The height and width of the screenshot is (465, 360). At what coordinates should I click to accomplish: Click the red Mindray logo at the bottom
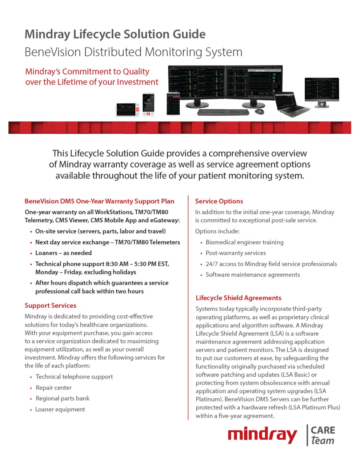(262, 435)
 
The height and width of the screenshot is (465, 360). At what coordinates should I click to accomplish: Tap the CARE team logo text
(323, 435)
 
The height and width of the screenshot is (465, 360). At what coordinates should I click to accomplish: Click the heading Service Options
(219, 201)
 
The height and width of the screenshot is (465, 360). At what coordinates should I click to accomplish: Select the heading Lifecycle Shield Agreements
(239, 298)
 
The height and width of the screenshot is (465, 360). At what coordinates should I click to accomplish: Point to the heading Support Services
(51, 306)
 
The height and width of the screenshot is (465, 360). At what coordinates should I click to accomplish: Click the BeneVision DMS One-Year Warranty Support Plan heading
(99, 201)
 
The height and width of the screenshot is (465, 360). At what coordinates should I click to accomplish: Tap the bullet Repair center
(54, 388)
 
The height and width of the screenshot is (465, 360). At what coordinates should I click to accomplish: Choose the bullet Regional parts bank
(63, 399)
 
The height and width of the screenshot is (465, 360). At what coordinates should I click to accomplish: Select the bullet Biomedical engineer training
(244, 242)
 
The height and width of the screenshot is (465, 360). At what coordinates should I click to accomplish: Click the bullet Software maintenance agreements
(253, 275)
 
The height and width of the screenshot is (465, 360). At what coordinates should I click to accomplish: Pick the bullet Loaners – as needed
(63, 253)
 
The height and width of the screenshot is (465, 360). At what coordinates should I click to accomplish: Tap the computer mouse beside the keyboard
(260, 111)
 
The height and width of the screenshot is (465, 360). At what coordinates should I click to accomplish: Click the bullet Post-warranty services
(236, 253)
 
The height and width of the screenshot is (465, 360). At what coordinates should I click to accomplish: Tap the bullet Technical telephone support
(74, 377)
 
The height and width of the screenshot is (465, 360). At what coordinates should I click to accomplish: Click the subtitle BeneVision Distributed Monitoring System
(133, 52)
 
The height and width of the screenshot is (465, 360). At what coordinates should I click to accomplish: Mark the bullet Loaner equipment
(60, 409)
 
